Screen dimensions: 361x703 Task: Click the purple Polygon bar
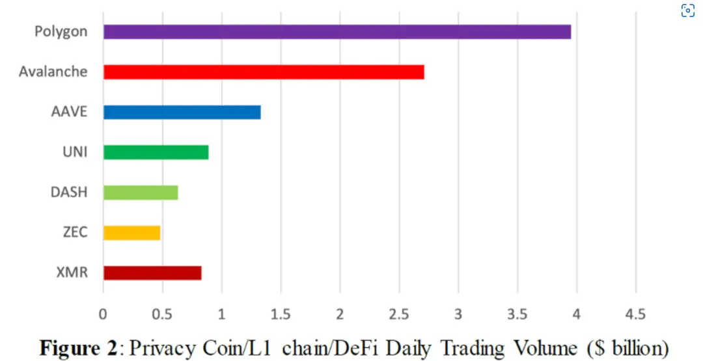point(337,31)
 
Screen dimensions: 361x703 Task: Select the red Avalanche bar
point(264,72)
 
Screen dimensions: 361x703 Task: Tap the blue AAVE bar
point(182,112)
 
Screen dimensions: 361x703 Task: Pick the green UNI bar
point(156,152)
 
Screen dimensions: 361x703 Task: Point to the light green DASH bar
point(141,193)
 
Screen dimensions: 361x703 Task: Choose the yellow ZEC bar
point(131,233)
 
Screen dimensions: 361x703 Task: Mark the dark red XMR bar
point(152,273)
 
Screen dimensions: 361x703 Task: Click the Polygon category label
point(61,31)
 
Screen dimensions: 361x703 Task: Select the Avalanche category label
point(53,72)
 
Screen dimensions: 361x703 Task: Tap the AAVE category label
point(69,112)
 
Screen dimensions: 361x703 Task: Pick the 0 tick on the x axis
point(103,314)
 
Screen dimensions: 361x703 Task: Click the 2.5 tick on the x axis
point(399,314)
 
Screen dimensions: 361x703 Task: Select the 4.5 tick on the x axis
point(635,314)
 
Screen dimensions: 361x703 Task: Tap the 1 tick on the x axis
point(221,314)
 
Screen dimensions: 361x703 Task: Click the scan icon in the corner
point(688,10)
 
